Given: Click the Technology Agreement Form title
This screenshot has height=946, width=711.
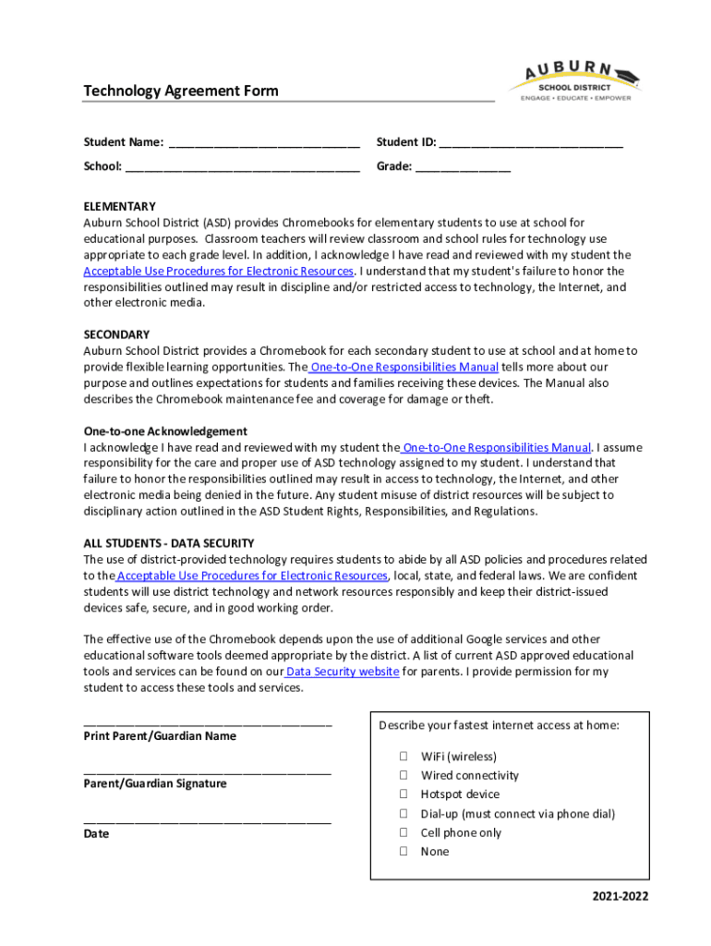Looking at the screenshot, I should (181, 91).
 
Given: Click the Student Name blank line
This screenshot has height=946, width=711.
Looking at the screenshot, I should (264, 144).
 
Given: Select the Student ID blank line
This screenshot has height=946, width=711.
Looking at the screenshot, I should (531, 144).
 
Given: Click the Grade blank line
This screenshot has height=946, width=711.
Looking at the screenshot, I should (463, 168).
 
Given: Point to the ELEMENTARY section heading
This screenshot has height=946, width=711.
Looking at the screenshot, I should (120, 206).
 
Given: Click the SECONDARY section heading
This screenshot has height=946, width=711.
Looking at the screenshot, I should (116, 334).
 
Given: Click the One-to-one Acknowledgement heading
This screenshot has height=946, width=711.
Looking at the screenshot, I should (165, 431).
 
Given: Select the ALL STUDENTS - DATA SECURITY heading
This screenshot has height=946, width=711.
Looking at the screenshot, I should (169, 543).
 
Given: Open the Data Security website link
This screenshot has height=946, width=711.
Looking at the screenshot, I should (343, 673).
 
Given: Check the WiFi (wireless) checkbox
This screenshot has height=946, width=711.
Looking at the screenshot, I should (404, 757).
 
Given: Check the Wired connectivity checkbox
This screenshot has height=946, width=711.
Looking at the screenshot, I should (404, 775).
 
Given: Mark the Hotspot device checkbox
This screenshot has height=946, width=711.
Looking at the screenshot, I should (404, 794).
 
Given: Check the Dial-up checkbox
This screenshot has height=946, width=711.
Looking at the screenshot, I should (404, 814).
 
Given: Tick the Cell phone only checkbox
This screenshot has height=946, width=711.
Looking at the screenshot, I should (404, 832).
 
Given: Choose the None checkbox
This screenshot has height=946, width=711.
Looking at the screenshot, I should (404, 852).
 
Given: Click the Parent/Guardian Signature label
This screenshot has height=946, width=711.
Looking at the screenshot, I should (155, 783).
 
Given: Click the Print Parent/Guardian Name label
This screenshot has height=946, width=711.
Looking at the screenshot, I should (160, 736).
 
